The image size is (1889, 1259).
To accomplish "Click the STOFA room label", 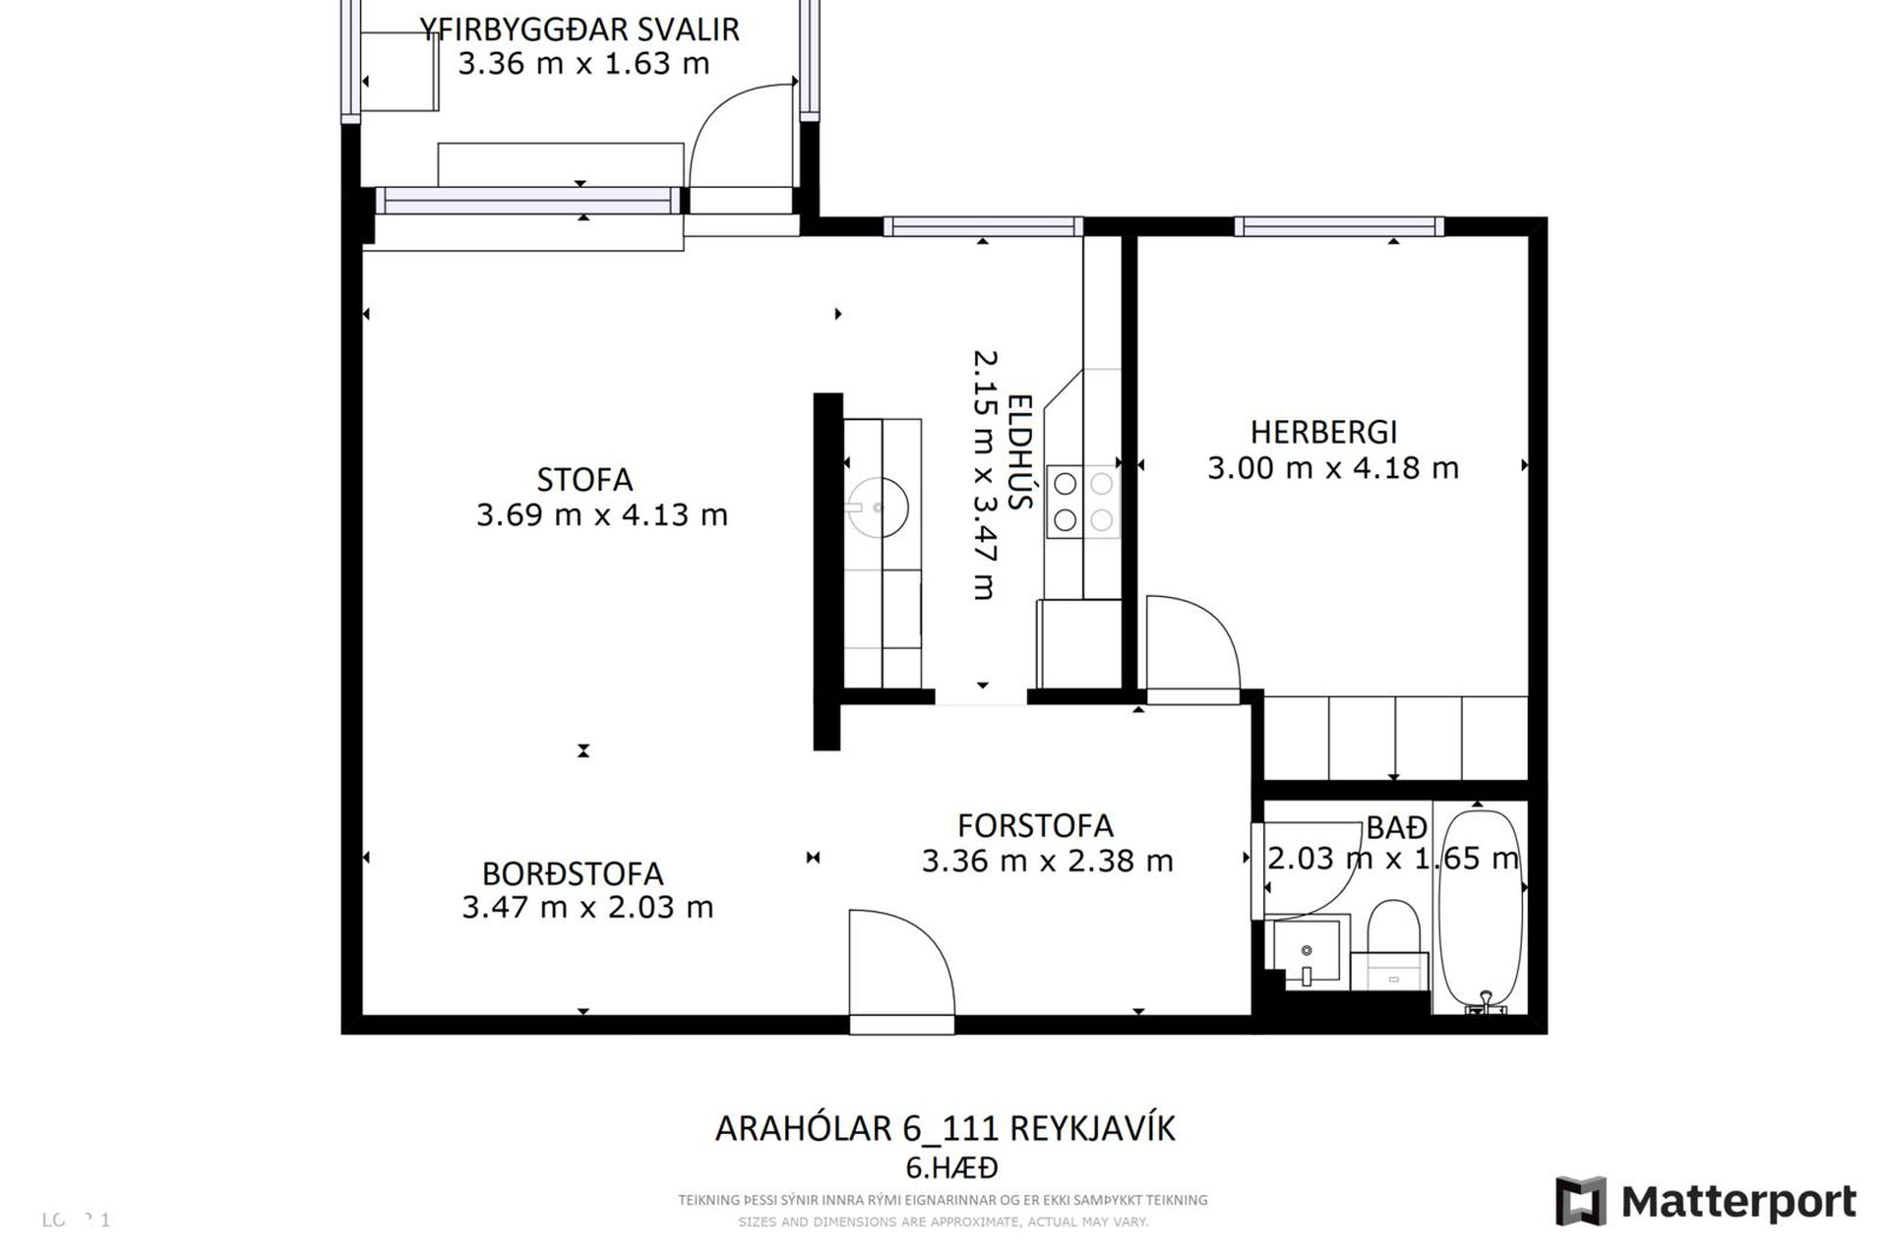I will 584,480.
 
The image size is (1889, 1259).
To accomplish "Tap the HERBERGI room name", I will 1323,432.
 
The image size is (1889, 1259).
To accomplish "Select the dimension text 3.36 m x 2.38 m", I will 1047,861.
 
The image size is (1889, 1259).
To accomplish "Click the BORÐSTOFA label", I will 573,873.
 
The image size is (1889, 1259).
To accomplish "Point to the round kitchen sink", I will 879,508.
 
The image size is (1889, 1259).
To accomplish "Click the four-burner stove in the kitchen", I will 1082,502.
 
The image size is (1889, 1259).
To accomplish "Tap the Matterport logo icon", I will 1580,1201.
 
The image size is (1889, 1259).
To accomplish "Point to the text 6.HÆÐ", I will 950,1168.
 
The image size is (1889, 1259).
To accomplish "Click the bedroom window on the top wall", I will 1339,227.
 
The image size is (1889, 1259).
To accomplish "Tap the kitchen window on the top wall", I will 983,227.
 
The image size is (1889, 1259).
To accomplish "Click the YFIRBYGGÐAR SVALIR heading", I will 580,30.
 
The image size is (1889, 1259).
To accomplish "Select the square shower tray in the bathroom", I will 1307,951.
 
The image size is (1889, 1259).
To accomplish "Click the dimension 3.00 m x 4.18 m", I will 1332,468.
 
